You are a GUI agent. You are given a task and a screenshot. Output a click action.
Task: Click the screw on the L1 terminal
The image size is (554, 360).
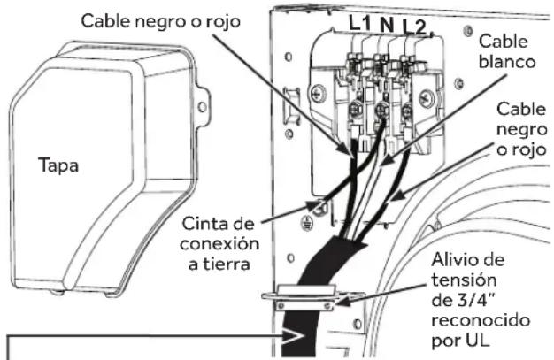coord(353,111)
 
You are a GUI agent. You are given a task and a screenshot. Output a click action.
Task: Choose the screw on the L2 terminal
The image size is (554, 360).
coord(409,111)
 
